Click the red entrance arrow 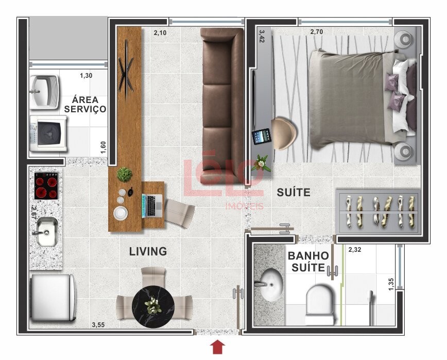click(217, 347)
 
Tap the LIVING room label click(148, 251)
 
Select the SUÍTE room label click(294, 193)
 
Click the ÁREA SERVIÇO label click(85, 105)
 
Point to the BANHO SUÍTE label click(308, 262)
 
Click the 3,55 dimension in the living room click(98, 324)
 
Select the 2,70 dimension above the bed click(316, 31)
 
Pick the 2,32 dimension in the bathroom click(355, 250)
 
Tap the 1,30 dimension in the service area click(86, 76)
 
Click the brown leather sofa click(222, 106)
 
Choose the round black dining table click(153, 306)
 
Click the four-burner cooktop click(46, 186)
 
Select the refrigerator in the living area click(53, 297)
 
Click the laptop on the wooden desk click(152, 205)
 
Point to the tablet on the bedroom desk click(261, 137)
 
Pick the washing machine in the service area click(48, 133)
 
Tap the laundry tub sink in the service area click(44, 92)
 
